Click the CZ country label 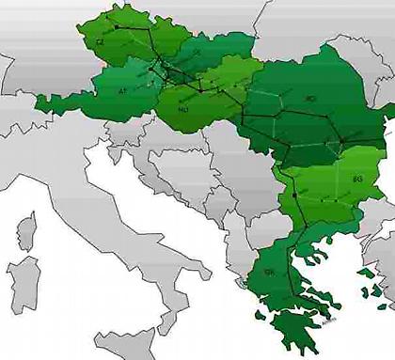point(101,42)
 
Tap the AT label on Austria point(123,91)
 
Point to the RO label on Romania point(311,98)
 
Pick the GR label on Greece point(269,273)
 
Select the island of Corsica point(25,230)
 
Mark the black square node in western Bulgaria point(294,195)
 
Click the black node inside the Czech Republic point(116,30)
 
